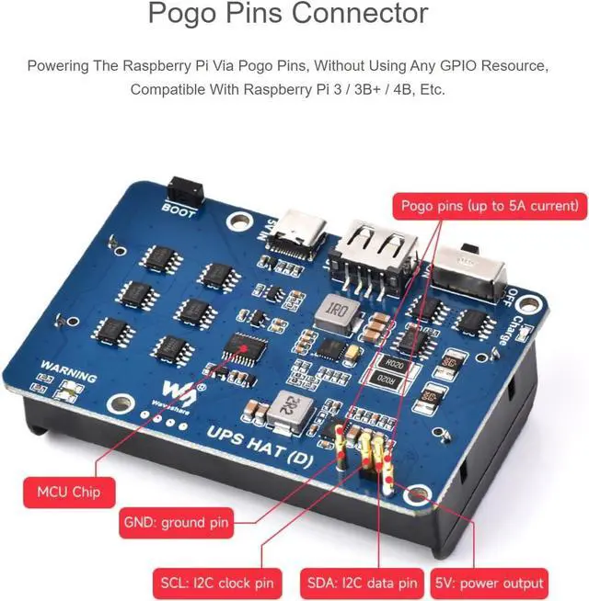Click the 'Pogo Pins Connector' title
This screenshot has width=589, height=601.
288,14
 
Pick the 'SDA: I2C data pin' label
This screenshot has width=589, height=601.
361,582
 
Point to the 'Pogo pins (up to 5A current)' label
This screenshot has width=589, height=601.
489,204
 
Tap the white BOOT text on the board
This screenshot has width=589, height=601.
179,208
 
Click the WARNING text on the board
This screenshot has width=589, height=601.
67,376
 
